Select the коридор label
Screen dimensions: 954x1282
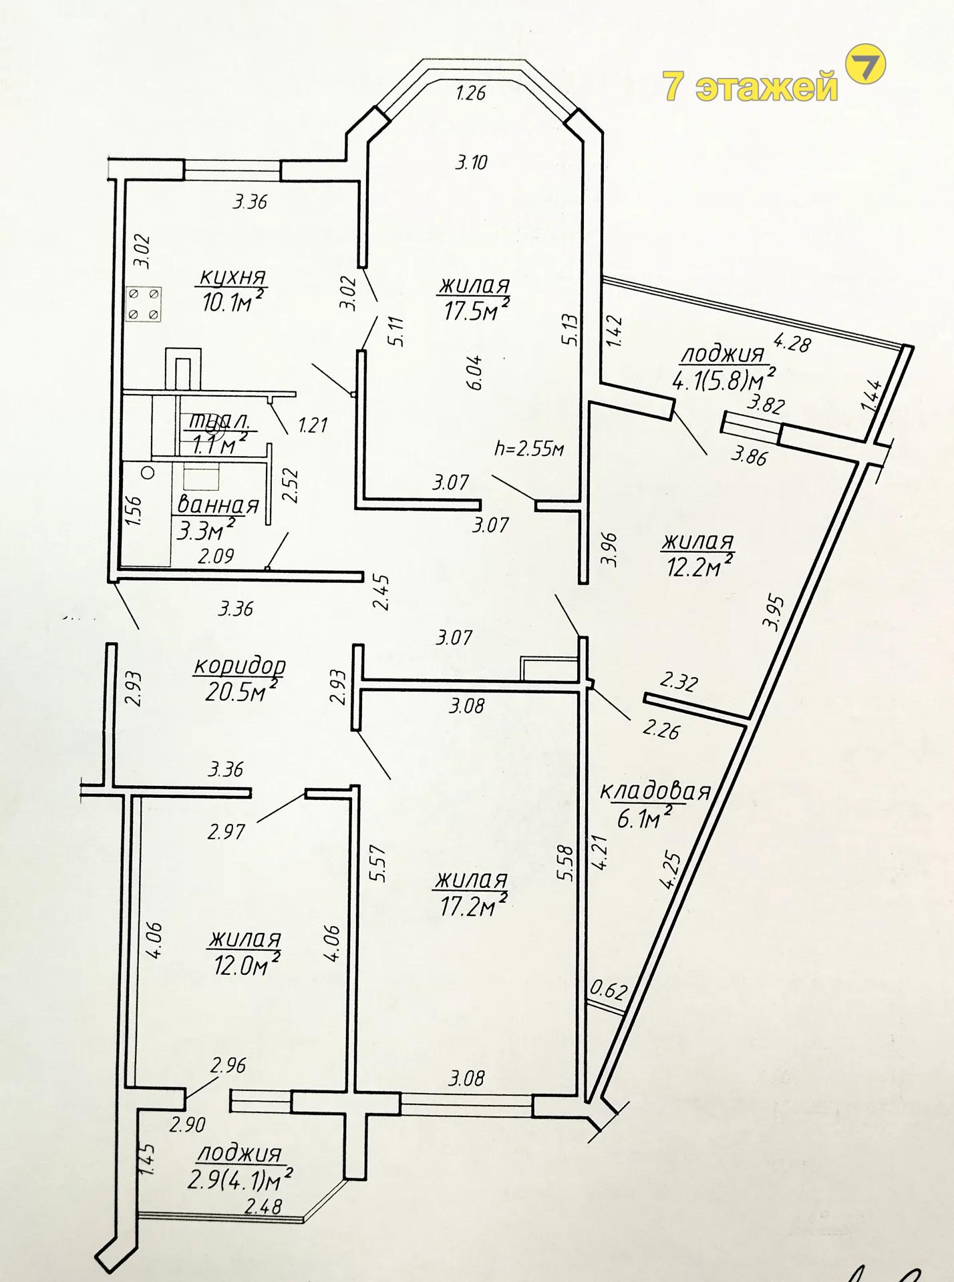pyautogui.click(x=240, y=666)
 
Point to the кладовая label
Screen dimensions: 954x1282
pyautogui.click(x=655, y=791)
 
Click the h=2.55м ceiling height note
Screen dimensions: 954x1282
pyautogui.click(x=528, y=448)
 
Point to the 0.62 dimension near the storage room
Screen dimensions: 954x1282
pyautogui.click(x=609, y=990)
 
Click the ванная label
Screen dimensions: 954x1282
pyautogui.click(x=218, y=505)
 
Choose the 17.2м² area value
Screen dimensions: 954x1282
pyautogui.click(x=473, y=905)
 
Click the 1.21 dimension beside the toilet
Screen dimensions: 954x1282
pyautogui.click(x=312, y=425)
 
